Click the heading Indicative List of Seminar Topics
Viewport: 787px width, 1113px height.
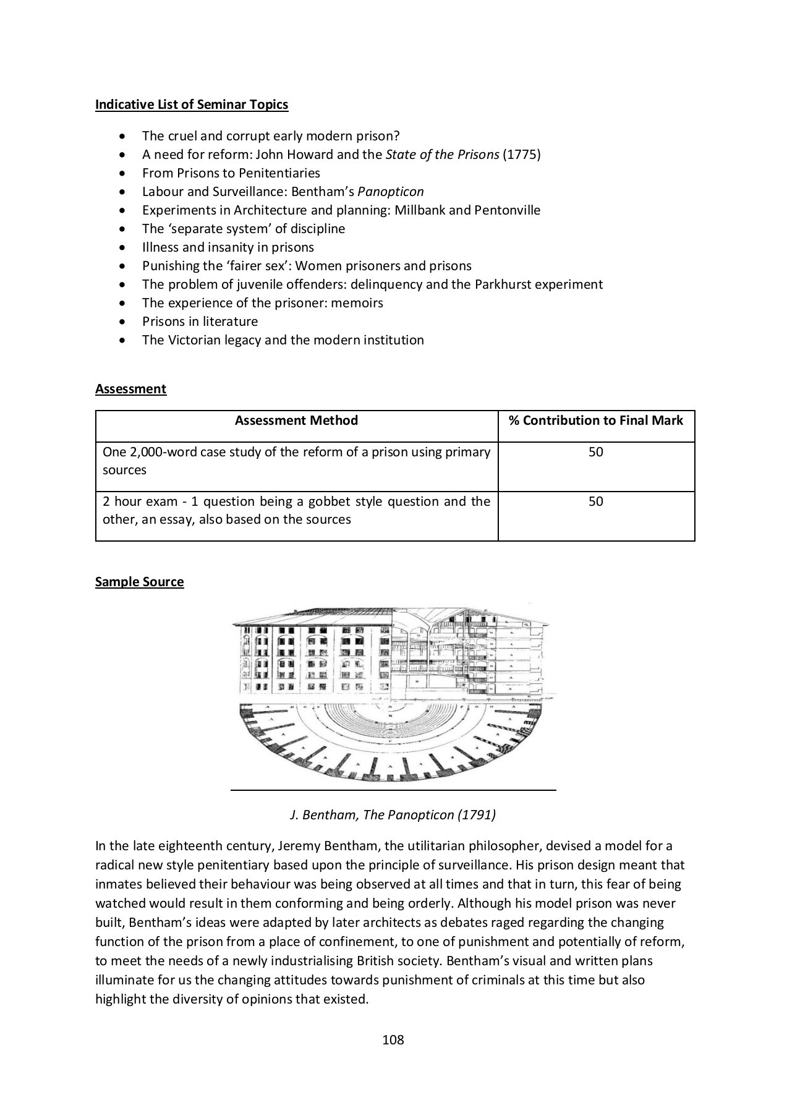coord(192,104)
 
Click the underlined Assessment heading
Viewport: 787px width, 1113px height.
coord(130,389)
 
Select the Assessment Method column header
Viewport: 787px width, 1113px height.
coord(296,420)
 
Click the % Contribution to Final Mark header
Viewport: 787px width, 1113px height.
coord(595,420)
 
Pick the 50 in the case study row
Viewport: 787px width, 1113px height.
coord(595,452)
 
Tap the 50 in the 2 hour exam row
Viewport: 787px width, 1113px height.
coord(595,501)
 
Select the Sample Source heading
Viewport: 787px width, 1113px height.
coord(139,582)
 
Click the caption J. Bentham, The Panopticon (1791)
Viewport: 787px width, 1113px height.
coord(393,815)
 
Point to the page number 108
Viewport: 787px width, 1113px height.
coord(393,1040)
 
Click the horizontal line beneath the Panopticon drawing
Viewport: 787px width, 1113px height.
coord(393,790)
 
